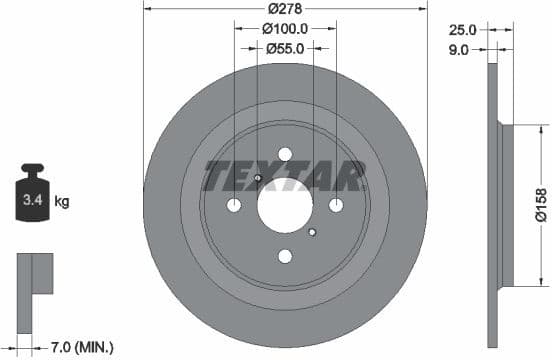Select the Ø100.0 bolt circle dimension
(285, 29)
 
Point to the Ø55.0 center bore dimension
(285, 48)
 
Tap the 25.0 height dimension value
(462, 29)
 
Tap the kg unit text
(62, 202)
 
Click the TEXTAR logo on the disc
(284, 176)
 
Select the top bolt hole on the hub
(285, 155)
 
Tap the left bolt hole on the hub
(235, 205)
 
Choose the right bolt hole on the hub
(335, 205)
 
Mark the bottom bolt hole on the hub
(285, 255)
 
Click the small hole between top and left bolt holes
(257, 179)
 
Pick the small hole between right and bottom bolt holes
(312, 232)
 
